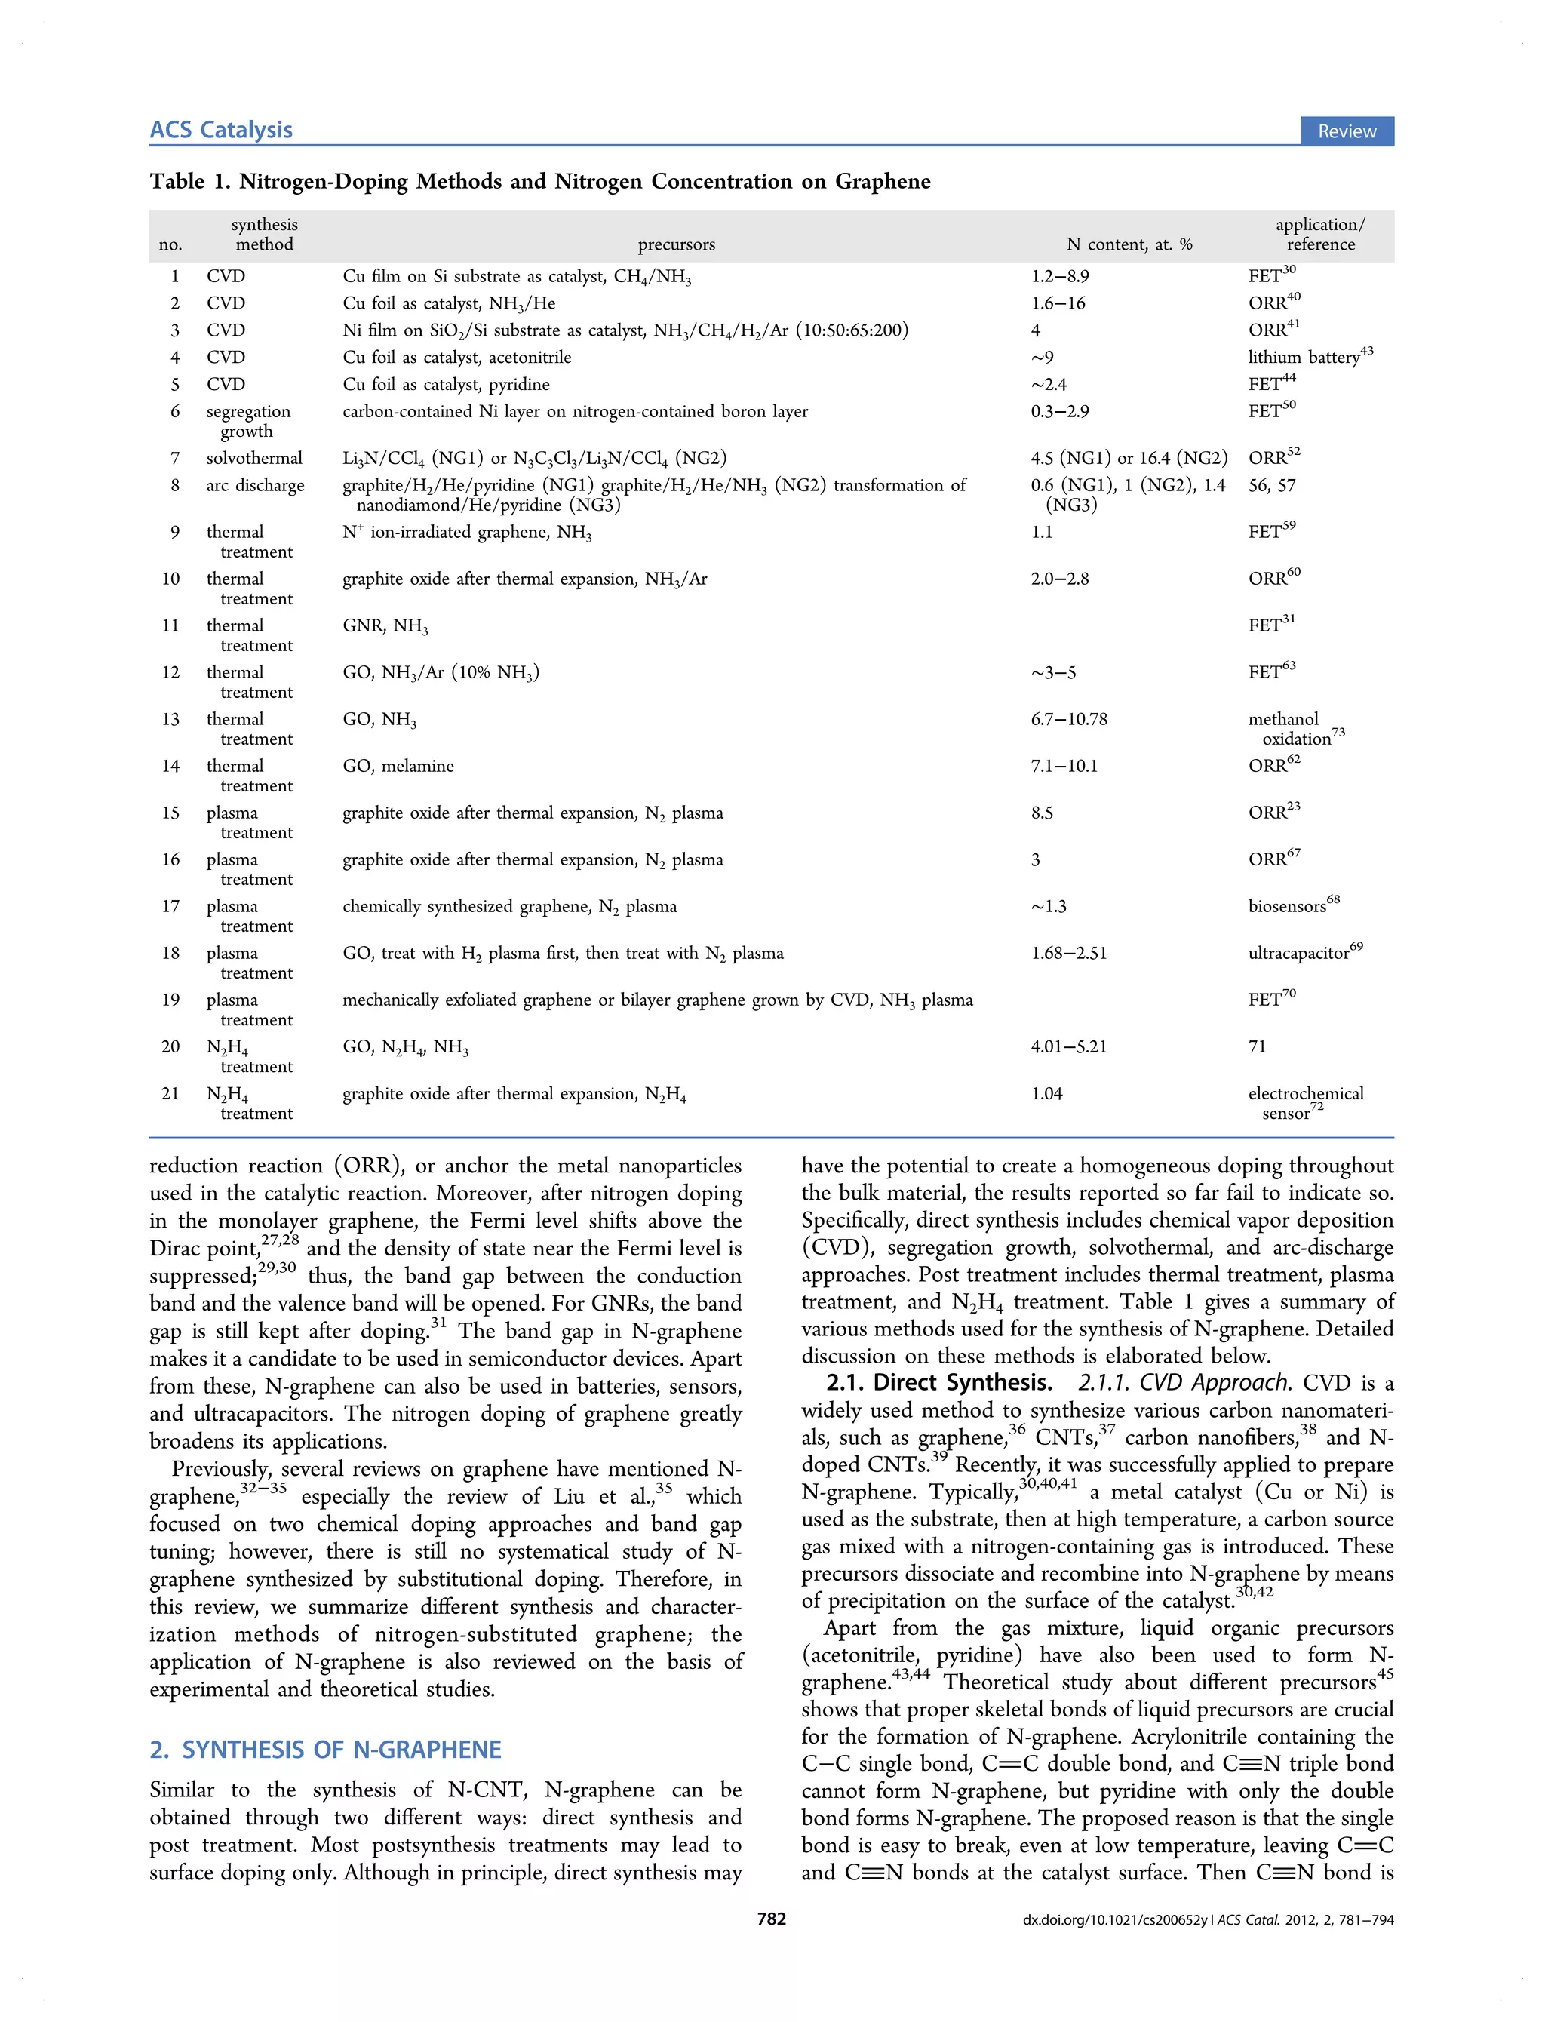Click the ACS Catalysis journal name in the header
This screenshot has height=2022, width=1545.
[221, 130]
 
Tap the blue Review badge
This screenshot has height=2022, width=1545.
[1347, 131]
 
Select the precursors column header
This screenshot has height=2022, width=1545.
[676, 244]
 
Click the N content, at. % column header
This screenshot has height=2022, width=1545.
[1129, 244]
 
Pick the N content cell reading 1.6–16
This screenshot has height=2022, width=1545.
[1058, 303]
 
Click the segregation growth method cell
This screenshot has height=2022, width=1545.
[247, 421]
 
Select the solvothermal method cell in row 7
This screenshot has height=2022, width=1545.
[253, 458]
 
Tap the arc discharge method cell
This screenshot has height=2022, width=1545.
[255, 485]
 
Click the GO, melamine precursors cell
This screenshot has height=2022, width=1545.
[398, 766]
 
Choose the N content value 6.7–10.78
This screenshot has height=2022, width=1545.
[1069, 719]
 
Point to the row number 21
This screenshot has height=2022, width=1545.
[171, 1093]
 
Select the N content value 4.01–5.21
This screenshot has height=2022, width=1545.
[1069, 1046]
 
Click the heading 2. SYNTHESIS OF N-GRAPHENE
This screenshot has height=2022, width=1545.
[326, 1749]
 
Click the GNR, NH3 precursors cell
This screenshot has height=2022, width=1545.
[385, 626]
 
